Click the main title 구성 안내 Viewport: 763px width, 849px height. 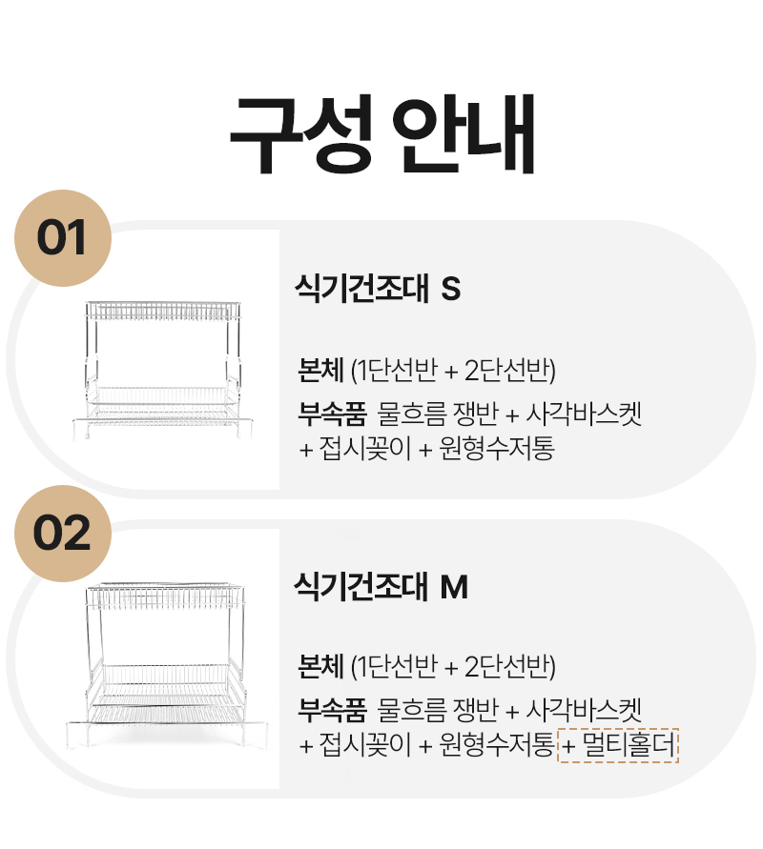[382, 133]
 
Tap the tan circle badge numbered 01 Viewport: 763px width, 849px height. [62, 238]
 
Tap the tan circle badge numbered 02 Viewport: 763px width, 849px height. [62, 534]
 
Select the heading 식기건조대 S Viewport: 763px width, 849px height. [378, 288]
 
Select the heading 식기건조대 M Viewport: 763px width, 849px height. [381, 586]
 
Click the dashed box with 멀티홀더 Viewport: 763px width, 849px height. [618, 745]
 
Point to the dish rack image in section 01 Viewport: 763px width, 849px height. [162, 370]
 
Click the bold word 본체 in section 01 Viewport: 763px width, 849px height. [320, 371]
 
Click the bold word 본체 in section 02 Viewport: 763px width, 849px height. [320, 666]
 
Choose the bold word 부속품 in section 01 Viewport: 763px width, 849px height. [332, 414]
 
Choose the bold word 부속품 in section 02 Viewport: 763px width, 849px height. [332, 710]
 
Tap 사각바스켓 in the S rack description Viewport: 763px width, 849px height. [584, 414]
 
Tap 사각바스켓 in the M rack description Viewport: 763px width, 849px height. [584, 710]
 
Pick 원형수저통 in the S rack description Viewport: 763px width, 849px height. [497, 449]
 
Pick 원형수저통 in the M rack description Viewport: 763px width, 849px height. [497, 744]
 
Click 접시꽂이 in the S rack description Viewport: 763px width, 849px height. [365, 449]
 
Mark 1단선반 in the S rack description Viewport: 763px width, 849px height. [398, 371]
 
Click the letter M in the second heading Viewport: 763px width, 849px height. [454, 587]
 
